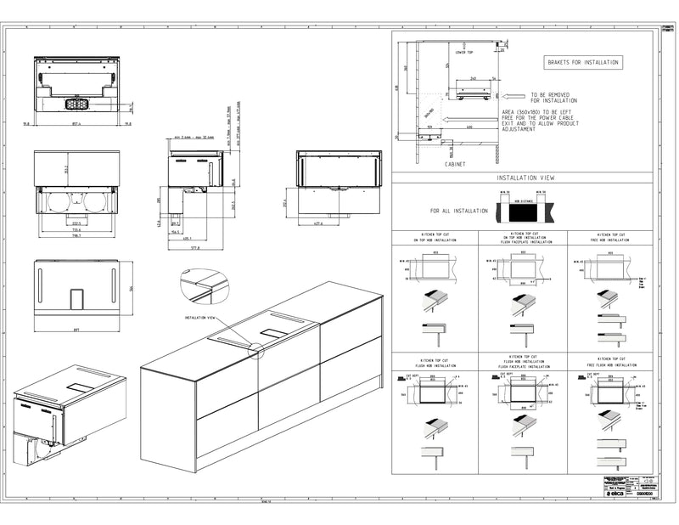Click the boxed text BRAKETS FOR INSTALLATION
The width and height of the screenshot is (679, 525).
click(583, 62)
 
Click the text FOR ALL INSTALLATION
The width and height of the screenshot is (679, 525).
click(458, 210)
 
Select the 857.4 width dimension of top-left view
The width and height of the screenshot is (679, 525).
click(77, 123)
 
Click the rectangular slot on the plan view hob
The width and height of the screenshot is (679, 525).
click(76, 297)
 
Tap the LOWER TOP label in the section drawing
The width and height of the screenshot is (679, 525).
click(464, 52)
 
